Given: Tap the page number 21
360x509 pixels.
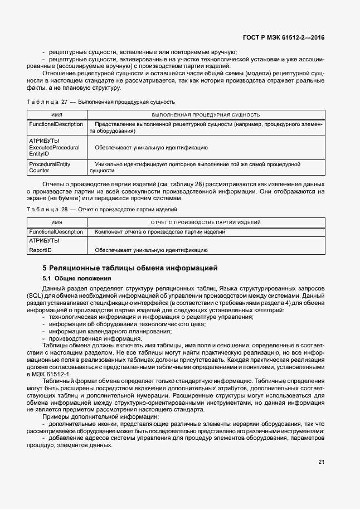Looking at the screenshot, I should [x=321, y=461].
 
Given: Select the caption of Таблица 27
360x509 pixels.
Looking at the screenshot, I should [x=101, y=102].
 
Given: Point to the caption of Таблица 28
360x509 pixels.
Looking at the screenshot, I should [x=102, y=210].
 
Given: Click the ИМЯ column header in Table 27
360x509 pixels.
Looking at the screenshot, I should [x=56, y=114].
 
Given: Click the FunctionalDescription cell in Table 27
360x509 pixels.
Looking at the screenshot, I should [x=56, y=124].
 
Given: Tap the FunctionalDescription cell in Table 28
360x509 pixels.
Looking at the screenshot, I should [x=56, y=231].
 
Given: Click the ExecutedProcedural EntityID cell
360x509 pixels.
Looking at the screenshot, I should [x=54, y=150].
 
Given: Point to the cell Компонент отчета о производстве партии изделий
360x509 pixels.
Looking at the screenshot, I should [x=160, y=231].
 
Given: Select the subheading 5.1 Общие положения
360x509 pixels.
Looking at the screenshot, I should [x=77, y=278].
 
